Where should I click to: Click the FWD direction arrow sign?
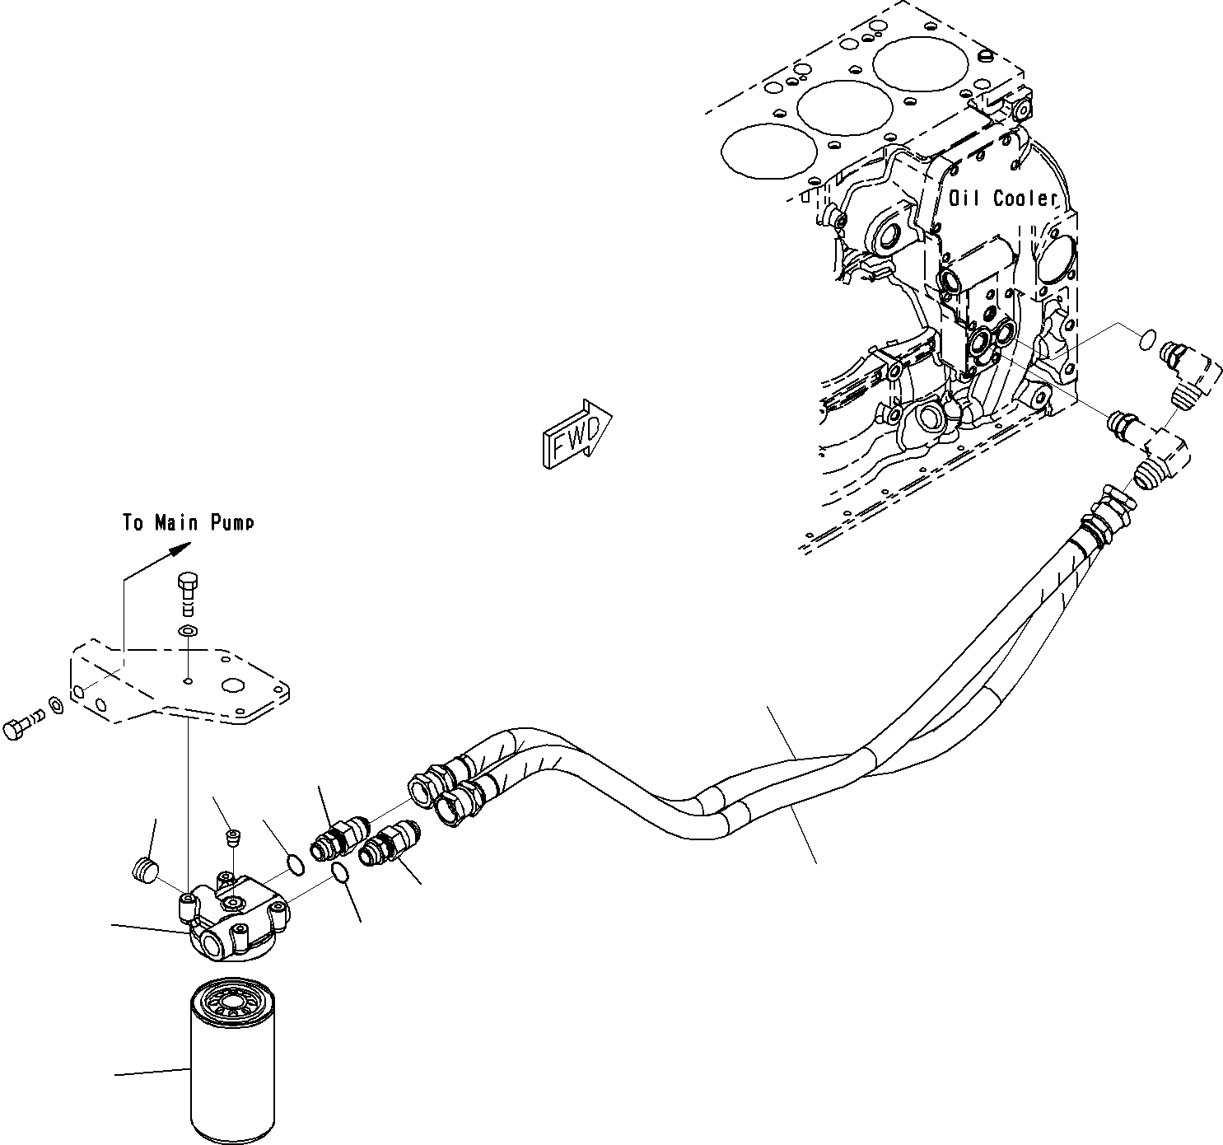pos(576,434)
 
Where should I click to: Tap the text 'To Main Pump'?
pos(189,522)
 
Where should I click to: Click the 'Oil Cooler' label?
pos(1002,198)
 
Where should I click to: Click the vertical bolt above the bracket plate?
pos(188,591)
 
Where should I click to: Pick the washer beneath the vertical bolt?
pos(188,631)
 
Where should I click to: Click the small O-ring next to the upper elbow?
pos(1146,339)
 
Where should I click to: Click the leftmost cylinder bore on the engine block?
pos(761,151)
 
